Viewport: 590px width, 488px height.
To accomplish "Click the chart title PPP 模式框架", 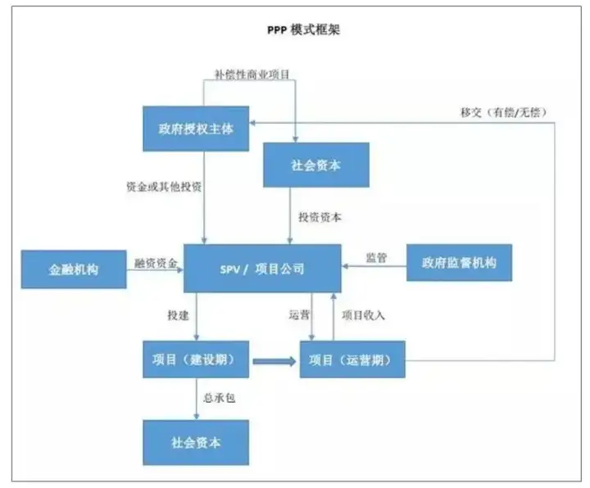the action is pos(304,29).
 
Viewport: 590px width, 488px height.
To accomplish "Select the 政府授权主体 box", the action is pos(196,129).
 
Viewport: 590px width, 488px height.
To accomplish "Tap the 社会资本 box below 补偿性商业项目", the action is pos(316,165).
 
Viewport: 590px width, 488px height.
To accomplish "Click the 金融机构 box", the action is pos(74,269).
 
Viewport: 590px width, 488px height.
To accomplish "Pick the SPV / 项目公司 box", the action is pos(262,269).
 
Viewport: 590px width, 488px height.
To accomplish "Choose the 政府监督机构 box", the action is pos(459,262).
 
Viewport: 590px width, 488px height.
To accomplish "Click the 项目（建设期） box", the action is pos(196,359).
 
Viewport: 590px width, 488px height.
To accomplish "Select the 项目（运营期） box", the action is pos(352,359).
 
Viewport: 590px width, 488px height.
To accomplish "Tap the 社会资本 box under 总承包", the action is pos(196,442).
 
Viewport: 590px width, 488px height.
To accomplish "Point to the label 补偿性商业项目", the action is pos(252,74).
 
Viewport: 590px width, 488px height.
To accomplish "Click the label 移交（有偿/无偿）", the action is pos(504,112).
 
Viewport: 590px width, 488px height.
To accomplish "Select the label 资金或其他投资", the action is pos(164,187).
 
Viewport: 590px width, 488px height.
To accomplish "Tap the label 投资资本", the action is pos(320,217).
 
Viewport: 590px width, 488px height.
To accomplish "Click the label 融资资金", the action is pos(156,263).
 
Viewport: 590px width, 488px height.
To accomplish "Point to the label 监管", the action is pos(376,258).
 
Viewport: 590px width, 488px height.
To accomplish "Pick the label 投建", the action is pos(178,315).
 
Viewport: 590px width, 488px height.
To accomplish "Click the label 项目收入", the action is pos(363,315).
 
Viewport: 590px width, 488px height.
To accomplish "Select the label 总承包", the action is pos(220,398).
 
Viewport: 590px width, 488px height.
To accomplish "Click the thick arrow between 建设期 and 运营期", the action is pos(275,361).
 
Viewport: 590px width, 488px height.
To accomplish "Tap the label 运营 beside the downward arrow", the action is pos(299,314).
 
